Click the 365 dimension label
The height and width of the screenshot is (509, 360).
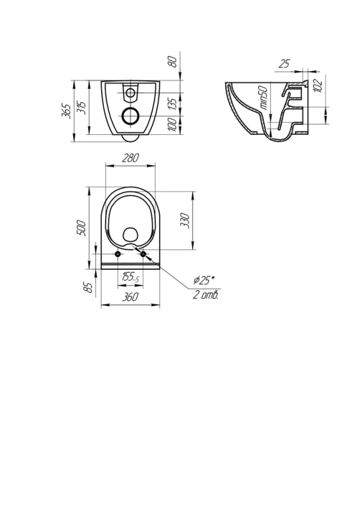pos(67,111)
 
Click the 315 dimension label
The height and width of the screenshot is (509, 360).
pos(81,108)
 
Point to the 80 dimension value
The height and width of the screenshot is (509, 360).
pos(174,61)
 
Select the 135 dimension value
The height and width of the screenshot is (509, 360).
pos(174,104)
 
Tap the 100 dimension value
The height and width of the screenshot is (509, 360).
pos(173,125)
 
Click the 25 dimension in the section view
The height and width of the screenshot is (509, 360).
pos(284,64)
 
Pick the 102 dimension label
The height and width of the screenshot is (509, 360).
pos(319,85)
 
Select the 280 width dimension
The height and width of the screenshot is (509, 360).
pos(130,158)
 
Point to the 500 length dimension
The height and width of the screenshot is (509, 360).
pos(81,228)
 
